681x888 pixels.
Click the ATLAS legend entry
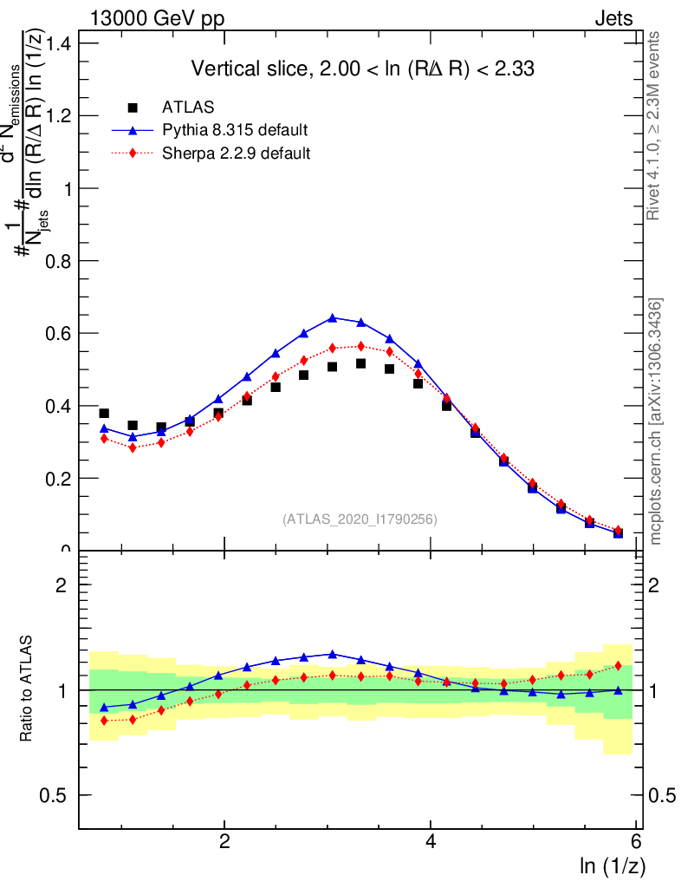(x=185, y=108)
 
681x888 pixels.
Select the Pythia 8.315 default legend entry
(x=235, y=130)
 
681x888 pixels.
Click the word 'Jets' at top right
(x=613, y=19)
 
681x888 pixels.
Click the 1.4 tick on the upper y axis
(x=58, y=43)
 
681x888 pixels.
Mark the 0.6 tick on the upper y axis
(x=58, y=334)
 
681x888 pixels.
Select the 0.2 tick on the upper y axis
(x=58, y=479)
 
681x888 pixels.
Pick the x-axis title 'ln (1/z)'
(x=613, y=865)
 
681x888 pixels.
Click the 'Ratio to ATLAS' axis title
(x=27, y=689)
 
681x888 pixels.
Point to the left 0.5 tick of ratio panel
(x=58, y=795)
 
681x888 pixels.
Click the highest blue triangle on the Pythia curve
(x=333, y=318)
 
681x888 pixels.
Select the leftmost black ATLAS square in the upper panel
(x=104, y=414)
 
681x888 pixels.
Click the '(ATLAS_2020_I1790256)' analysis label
(x=359, y=519)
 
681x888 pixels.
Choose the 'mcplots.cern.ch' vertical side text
(x=656, y=421)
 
